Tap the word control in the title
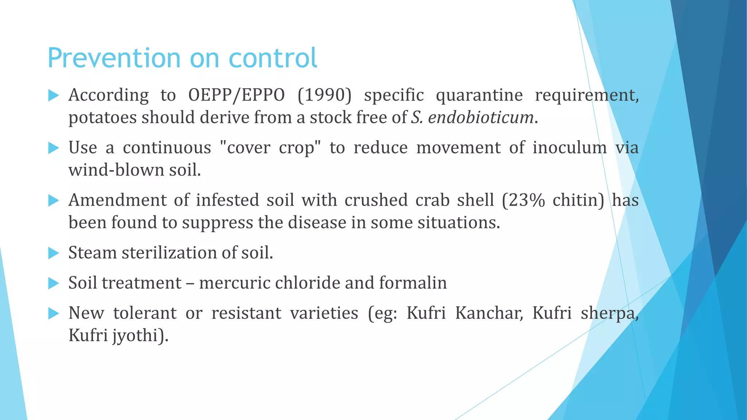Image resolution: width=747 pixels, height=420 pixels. click(273, 58)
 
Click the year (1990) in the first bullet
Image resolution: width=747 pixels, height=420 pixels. click(325, 95)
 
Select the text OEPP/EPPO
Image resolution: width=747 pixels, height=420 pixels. click(236, 95)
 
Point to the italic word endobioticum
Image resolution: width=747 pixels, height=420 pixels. click(481, 117)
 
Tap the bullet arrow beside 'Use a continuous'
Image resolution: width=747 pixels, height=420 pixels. click(54, 148)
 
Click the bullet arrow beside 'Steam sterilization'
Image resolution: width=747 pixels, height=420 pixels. click(54, 253)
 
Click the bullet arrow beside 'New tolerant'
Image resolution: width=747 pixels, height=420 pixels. click(54, 313)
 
